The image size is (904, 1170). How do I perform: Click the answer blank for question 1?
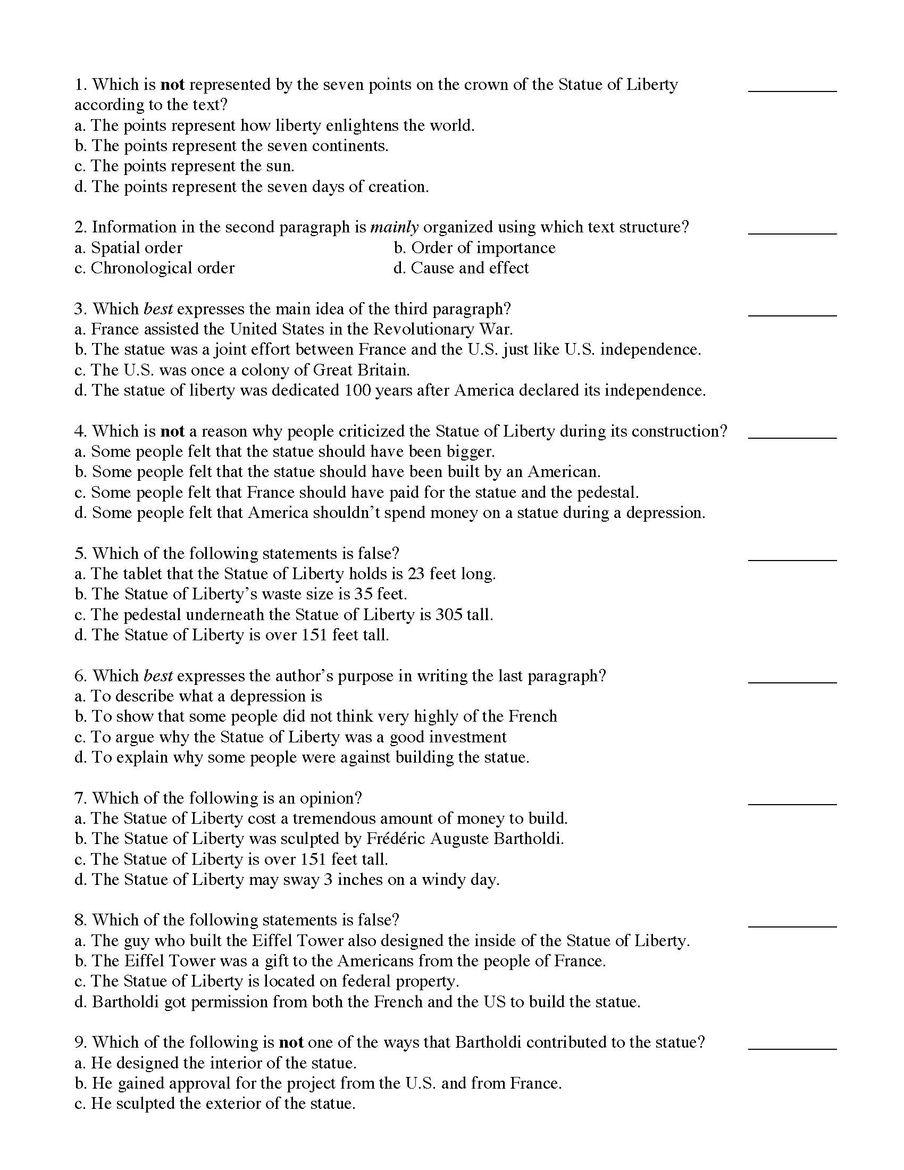792,89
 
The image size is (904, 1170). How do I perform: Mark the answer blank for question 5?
792,558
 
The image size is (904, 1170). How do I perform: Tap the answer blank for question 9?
792,1047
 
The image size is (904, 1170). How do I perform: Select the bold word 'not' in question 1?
172,85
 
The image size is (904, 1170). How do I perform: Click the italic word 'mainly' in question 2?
394,227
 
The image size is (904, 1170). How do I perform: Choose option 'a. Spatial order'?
129,247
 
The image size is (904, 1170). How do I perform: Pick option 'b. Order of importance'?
474,247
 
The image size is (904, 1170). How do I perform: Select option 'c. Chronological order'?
154,268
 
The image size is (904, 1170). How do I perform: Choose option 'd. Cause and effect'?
461,268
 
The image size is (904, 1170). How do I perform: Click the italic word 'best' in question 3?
158,309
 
